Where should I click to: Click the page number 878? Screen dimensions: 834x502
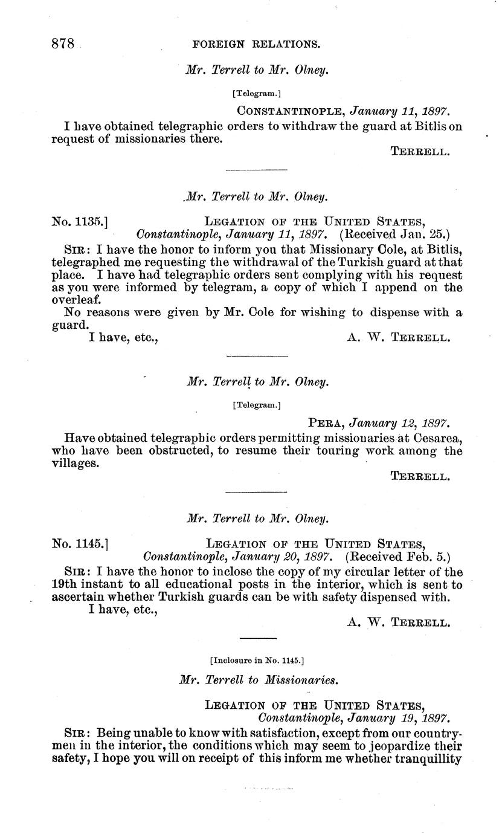[62, 44]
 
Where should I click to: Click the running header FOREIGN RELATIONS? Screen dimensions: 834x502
[256, 44]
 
